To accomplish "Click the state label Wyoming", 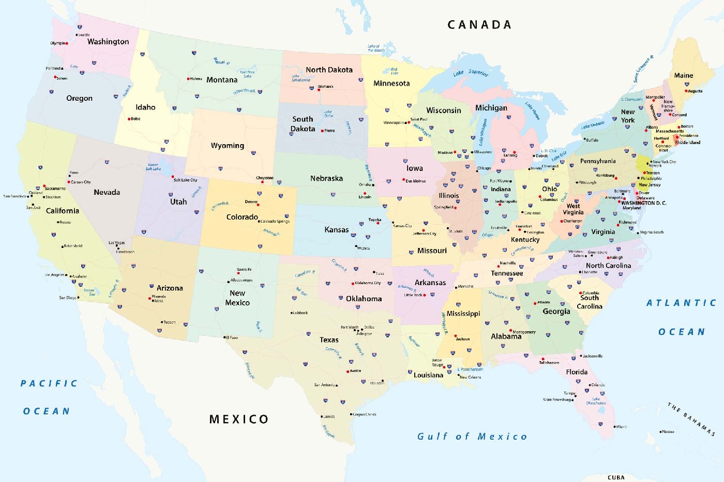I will coord(227,146).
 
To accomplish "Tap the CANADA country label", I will coord(479,25).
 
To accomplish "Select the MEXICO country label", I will coord(239,419).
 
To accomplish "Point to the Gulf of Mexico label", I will coord(472,437).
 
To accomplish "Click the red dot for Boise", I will coord(129,119).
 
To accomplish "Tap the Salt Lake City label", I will coord(185,180).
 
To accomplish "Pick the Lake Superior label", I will coord(471,73).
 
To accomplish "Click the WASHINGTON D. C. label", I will coord(644,203).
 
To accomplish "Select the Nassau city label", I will coord(668,431).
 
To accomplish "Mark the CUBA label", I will coord(616,477).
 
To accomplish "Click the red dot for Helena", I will coord(188,79).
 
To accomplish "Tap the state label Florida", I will coord(577,372).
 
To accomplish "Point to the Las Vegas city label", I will coord(116,243).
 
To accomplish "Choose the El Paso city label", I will coord(232,337).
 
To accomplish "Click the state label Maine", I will coord(683,75).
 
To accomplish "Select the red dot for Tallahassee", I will coord(543,359).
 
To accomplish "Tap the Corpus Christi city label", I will coord(365,414).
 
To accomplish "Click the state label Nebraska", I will coord(326,178).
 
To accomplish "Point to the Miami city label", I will coord(621,427).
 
